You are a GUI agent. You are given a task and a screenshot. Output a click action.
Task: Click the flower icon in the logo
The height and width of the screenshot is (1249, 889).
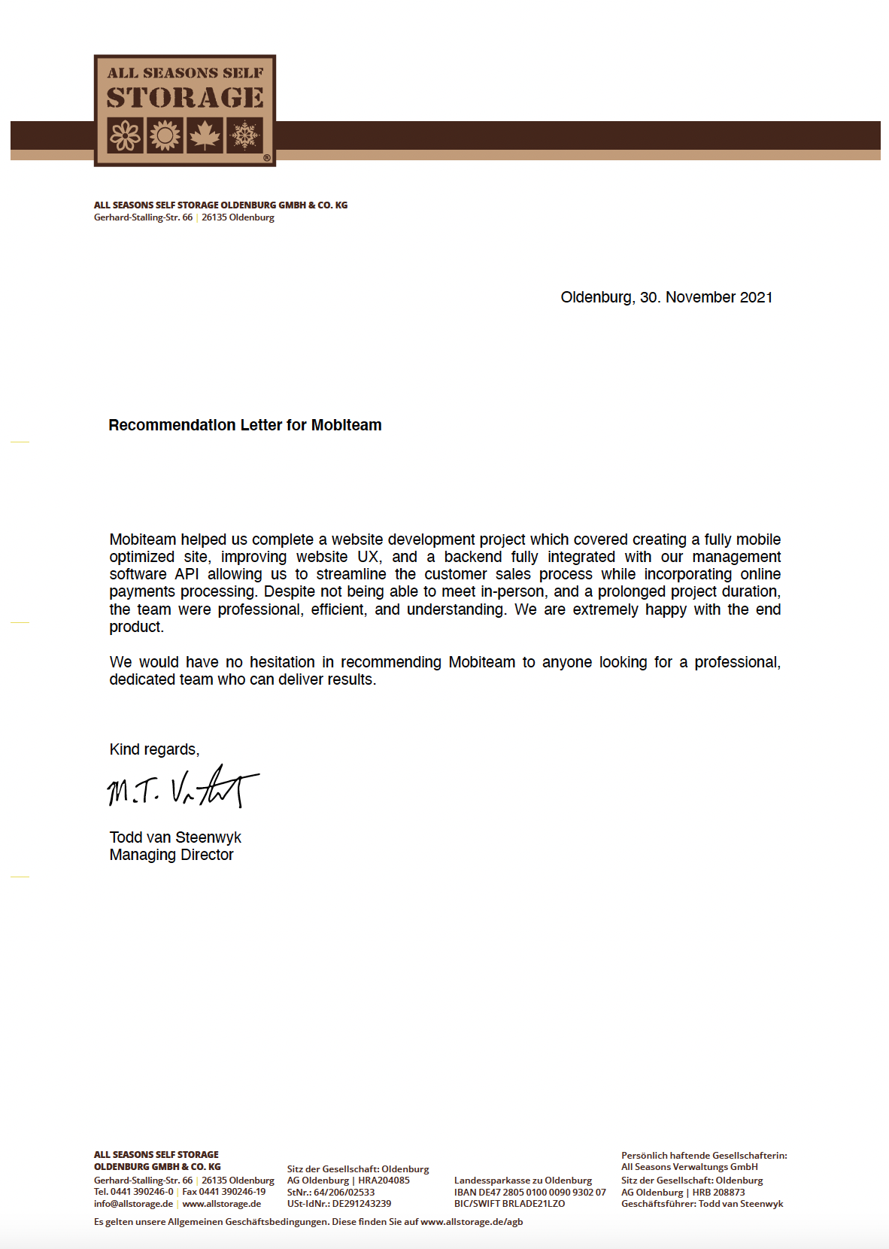point(126,136)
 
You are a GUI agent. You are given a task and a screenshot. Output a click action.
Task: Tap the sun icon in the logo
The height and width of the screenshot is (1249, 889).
point(165,136)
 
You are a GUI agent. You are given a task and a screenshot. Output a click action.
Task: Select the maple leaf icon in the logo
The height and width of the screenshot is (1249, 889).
point(205,136)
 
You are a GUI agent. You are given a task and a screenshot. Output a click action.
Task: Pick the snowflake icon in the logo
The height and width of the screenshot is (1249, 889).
point(244,136)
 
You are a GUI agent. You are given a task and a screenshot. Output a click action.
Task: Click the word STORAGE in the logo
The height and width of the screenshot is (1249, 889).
point(185,98)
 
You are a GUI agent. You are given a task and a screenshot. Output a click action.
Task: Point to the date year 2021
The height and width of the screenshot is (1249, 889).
point(756,297)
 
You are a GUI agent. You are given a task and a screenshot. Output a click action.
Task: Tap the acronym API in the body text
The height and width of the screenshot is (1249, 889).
point(187,574)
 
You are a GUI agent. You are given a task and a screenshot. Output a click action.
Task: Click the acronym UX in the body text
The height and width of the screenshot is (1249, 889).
point(369,557)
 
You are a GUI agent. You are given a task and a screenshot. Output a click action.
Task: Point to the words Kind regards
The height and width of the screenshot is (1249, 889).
point(154,749)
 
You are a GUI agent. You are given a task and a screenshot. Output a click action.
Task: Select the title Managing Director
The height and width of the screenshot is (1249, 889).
point(171,855)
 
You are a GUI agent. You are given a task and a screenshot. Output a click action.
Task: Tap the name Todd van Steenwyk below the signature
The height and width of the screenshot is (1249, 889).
point(175,837)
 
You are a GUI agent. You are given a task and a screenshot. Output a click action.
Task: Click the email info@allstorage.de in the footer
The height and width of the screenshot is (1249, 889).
point(133,1203)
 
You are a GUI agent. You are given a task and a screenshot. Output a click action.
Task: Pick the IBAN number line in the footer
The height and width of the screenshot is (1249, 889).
point(529,1192)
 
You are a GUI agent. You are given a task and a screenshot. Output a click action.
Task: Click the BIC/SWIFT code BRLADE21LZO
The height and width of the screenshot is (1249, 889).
point(533,1203)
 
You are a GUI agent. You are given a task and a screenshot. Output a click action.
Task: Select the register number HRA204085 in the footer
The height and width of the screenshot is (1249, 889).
point(384,1180)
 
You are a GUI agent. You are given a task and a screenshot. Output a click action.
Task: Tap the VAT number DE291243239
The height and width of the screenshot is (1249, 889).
point(362,1203)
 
